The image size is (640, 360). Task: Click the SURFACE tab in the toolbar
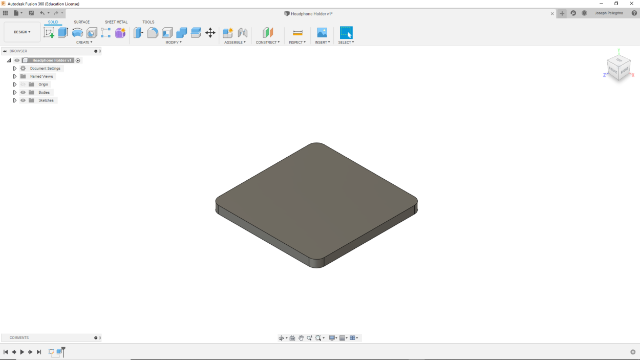click(81, 22)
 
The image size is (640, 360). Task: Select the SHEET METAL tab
click(116, 22)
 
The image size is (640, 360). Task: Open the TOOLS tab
click(148, 22)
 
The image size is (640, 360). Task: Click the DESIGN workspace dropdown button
click(22, 32)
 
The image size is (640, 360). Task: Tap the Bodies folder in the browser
click(44, 92)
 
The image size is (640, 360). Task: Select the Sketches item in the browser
click(46, 100)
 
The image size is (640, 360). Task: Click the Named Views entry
click(41, 76)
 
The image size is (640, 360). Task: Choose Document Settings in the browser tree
click(45, 68)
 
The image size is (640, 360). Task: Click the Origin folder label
click(43, 84)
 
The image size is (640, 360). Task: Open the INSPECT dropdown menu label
click(297, 43)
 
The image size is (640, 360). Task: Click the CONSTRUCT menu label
click(267, 43)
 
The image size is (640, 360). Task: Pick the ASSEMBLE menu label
click(234, 43)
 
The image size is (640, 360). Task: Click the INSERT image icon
click(322, 33)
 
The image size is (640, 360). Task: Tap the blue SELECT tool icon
click(346, 33)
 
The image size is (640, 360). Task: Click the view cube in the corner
click(618, 67)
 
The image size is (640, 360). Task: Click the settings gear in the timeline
click(633, 352)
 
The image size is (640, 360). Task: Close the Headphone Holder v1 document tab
click(552, 14)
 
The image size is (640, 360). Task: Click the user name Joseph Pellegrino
click(609, 13)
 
